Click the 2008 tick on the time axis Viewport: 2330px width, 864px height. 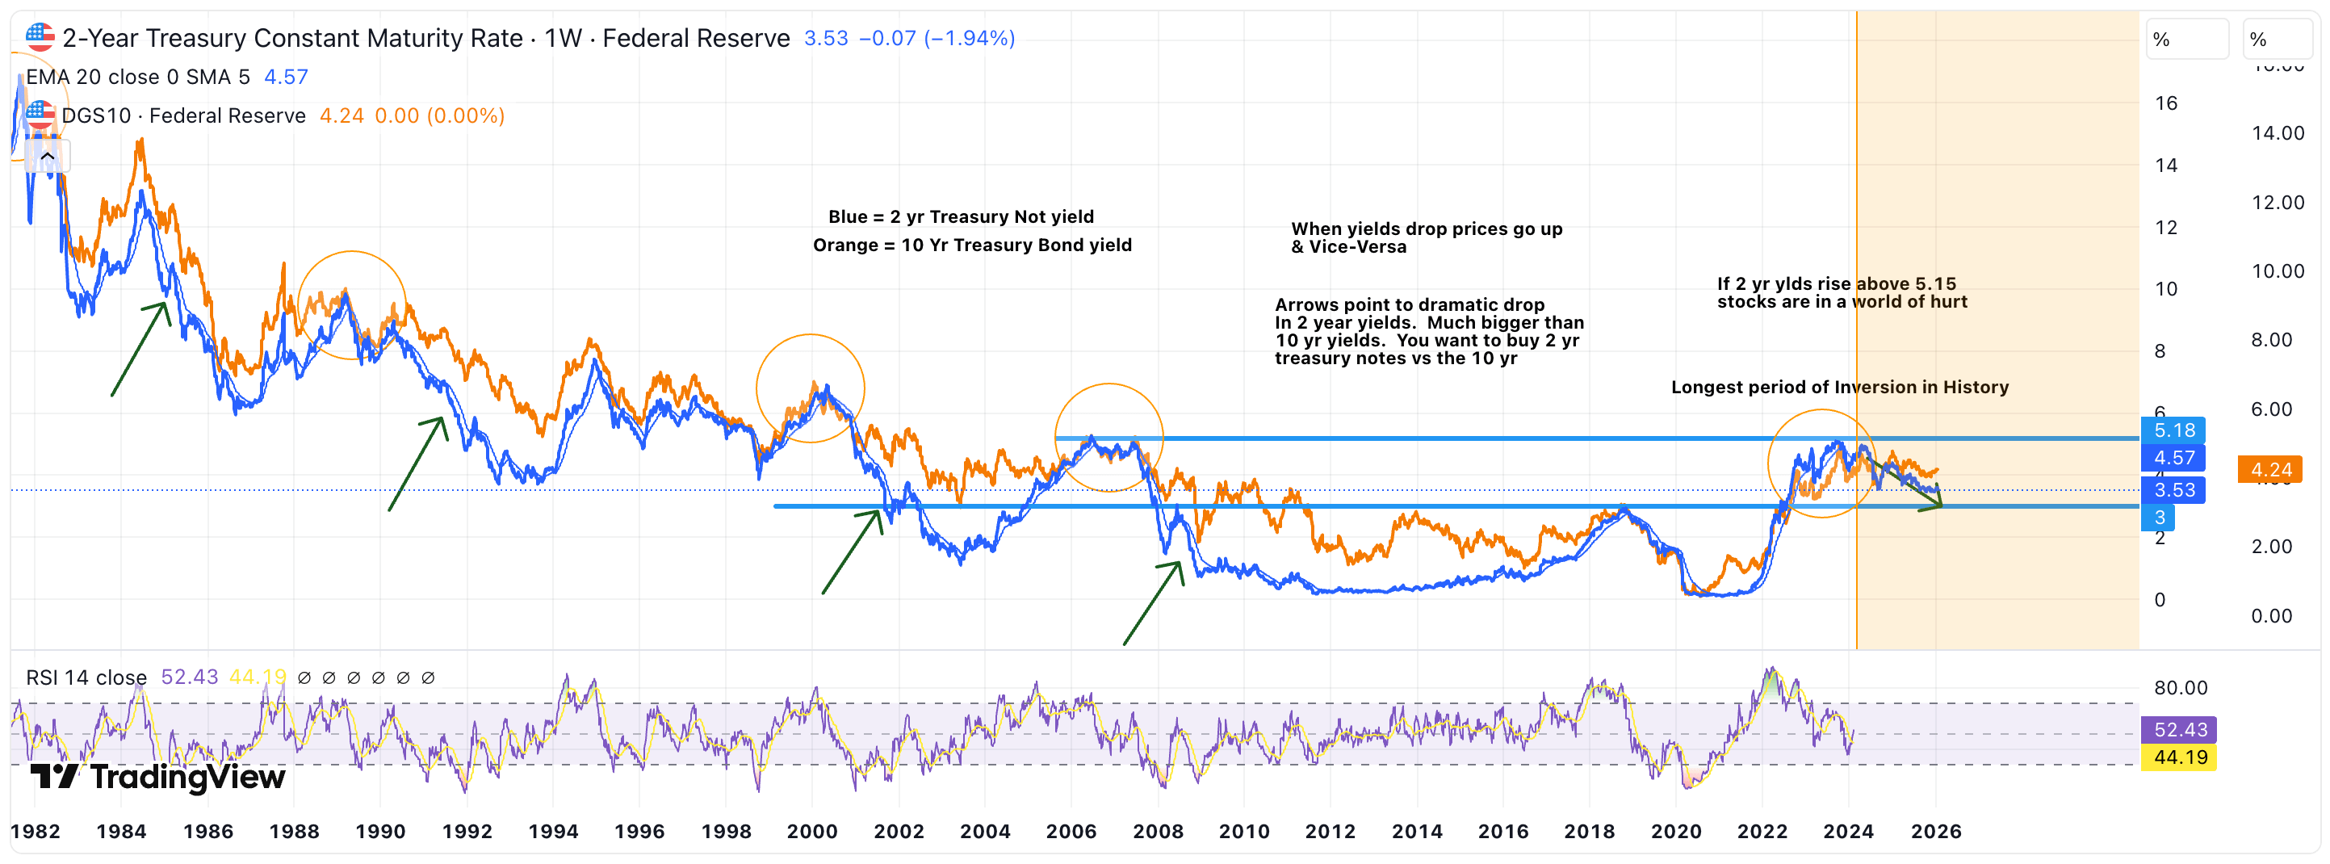coord(1157,832)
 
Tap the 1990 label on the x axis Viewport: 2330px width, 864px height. coord(380,832)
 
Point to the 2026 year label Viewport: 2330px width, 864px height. coord(1936,832)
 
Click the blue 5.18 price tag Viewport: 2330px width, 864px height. coord(2173,430)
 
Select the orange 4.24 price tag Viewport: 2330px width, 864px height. coord(2270,469)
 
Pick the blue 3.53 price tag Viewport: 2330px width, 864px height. coord(2173,490)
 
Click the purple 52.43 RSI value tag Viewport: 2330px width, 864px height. coord(2179,729)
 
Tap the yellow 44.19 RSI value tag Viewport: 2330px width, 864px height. coord(2179,757)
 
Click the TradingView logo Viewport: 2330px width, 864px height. coord(158,776)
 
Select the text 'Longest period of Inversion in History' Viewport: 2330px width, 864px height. coord(1839,388)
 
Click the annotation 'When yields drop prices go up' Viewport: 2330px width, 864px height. coord(1427,229)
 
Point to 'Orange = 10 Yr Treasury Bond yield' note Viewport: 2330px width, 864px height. coord(971,245)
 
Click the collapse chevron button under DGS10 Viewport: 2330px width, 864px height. coord(48,157)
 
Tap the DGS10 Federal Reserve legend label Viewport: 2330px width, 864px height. coord(182,115)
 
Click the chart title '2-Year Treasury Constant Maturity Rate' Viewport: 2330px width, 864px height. coord(292,38)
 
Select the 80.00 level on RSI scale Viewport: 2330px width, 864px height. coord(2180,688)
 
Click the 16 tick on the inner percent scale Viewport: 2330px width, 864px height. coord(2165,103)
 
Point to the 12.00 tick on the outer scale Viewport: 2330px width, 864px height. coord(2277,203)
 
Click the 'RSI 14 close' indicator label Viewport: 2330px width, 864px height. coord(86,677)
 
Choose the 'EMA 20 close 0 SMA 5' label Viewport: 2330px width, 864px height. coord(137,77)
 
